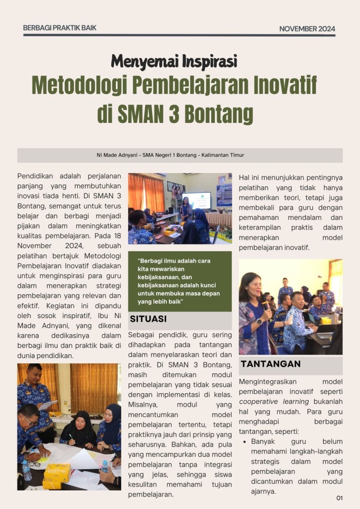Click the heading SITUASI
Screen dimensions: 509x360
[148, 319]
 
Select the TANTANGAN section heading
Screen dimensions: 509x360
[270, 364]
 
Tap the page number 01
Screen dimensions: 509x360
[340, 498]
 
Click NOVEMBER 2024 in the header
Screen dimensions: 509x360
[307, 28]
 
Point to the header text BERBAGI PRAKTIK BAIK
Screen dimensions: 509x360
[60, 28]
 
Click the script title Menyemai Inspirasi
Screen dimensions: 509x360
[174, 61]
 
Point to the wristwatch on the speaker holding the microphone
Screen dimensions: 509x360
[259, 321]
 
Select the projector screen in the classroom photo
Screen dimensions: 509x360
[196, 200]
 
